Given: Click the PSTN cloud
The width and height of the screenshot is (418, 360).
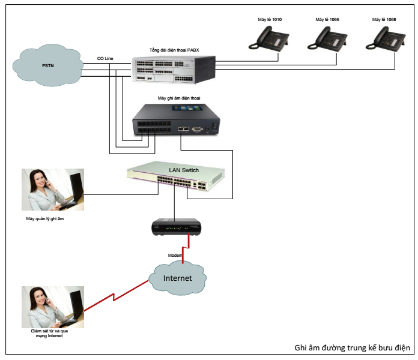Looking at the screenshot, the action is [x=48, y=65].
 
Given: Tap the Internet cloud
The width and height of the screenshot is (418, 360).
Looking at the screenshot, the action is [x=177, y=278].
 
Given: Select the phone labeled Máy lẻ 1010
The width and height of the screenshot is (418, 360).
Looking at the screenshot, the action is [x=268, y=38].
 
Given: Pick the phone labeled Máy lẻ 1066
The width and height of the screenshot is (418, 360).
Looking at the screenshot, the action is [x=327, y=38].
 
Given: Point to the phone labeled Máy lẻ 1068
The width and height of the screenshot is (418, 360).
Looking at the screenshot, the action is [x=386, y=38].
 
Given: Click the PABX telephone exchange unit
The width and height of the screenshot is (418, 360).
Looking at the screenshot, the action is [x=174, y=69].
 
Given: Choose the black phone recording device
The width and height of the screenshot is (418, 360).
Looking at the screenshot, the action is [x=176, y=119].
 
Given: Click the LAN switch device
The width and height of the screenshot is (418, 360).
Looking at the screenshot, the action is [x=176, y=176].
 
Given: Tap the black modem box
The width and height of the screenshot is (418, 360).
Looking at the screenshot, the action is [x=176, y=227].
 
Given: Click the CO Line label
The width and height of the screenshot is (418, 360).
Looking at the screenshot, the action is [x=105, y=58].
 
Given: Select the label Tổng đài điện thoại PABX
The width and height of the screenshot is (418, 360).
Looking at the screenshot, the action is [x=174, y=50].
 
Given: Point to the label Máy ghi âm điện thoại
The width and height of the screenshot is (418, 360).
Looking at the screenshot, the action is [x=179, y=98].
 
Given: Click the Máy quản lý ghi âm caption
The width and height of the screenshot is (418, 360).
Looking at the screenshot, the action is [x=45, y=218].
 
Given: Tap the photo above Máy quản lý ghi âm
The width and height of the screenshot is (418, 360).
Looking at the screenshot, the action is [x=53, y=190].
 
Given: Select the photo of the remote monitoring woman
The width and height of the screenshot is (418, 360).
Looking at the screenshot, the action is [x=53, y=307].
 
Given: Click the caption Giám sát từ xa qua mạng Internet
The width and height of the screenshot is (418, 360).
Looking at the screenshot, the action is [x=49, y=333].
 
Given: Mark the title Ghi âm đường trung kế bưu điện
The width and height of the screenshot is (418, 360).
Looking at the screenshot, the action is [x=352, y=347].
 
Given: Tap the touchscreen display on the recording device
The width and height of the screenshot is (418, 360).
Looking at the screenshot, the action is [x=186, y=108].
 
